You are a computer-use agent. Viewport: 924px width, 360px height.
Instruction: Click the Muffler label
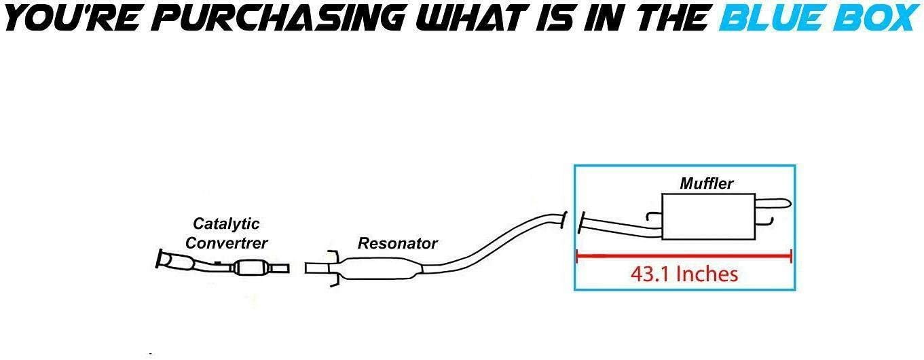(x=707, y=183)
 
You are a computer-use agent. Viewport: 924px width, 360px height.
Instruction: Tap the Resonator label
(x=397, y=243)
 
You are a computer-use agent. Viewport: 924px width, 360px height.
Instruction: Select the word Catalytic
(x=226, y=223)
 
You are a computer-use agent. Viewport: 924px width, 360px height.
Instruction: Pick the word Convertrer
(x=226, y=242)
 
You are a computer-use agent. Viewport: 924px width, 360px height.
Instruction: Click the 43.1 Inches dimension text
(x=684, y=274)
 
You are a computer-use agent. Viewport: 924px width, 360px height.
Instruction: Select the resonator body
(x=380, y=268)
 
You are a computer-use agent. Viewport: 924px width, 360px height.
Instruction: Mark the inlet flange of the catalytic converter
(x=163, y=259)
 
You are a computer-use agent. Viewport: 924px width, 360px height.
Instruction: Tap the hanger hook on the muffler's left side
(x=654, y=217)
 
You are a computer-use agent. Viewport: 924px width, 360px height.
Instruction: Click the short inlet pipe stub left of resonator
(x=317, y=268)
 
